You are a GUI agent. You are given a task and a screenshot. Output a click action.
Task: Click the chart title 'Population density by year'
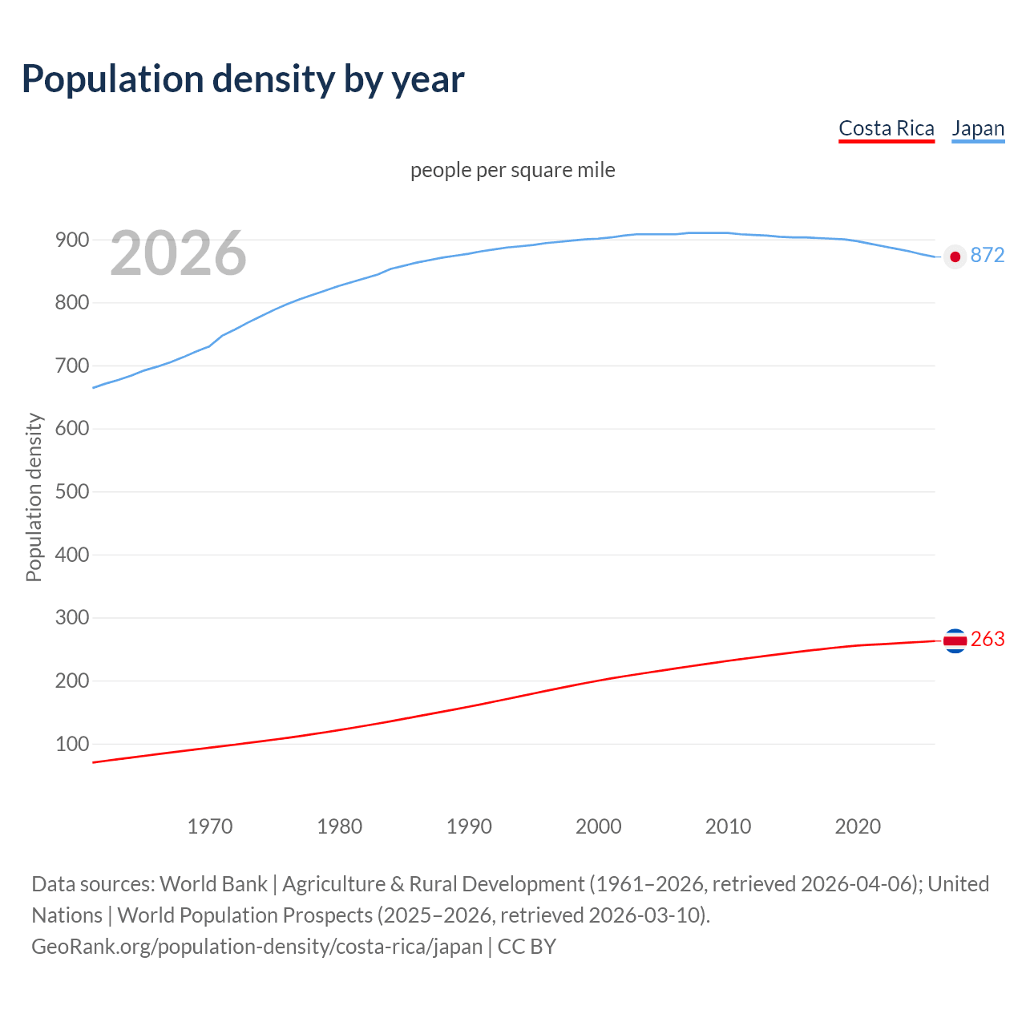point(243,79)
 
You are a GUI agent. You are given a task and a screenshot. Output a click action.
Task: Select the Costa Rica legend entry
point(886,128)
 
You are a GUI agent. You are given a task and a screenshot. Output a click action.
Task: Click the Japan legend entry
point(977,128)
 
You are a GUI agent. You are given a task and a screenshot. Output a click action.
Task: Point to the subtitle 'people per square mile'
point(512,170)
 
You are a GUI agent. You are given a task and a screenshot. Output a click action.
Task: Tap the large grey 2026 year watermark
point(178,253)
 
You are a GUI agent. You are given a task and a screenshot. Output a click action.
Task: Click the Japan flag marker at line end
point(954,256)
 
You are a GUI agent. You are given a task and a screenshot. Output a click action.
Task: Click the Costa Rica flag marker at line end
point(954,640)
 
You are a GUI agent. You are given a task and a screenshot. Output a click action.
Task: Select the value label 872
point(987,255)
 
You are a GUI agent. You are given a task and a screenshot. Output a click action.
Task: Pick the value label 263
point(987,639)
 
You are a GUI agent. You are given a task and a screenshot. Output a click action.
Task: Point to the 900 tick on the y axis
point(71,240)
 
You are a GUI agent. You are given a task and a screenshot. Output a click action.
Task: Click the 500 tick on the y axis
point(71,491)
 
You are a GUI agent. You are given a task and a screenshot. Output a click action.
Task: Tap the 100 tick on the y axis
point(71,744)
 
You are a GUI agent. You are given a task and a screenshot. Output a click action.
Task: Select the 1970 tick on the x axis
point(210,826)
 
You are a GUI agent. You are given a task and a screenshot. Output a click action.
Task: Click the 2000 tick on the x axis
point(598,826)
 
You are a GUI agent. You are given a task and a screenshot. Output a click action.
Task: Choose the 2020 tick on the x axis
point(858,826)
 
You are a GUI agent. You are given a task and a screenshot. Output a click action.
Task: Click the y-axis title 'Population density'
point(34,497)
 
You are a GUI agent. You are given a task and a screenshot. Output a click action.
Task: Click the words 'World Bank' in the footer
point(213,884)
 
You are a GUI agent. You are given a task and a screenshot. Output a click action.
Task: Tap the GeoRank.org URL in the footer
point(256,947)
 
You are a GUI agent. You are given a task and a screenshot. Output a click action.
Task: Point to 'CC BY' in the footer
point(527,947)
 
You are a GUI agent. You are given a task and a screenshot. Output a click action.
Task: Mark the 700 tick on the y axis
point(71,366)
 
